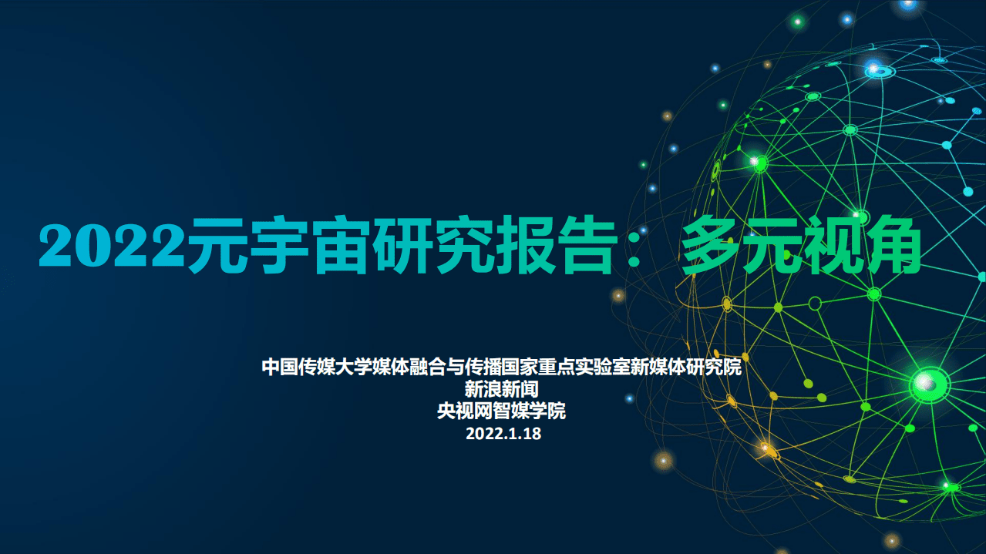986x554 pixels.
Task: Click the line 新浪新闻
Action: tap(502, 389)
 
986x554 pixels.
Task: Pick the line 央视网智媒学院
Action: tap(502, 411)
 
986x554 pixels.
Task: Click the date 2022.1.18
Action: tap(503, 433)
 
